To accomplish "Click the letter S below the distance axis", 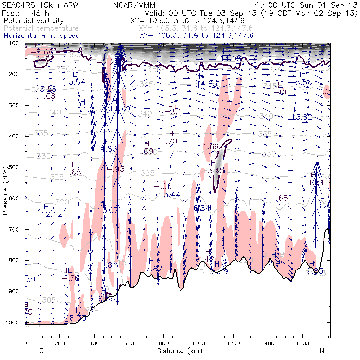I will (41, 350).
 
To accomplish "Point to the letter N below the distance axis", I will (322, 350).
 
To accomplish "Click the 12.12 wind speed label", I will (51, 214).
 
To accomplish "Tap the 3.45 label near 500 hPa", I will (216, 170).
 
